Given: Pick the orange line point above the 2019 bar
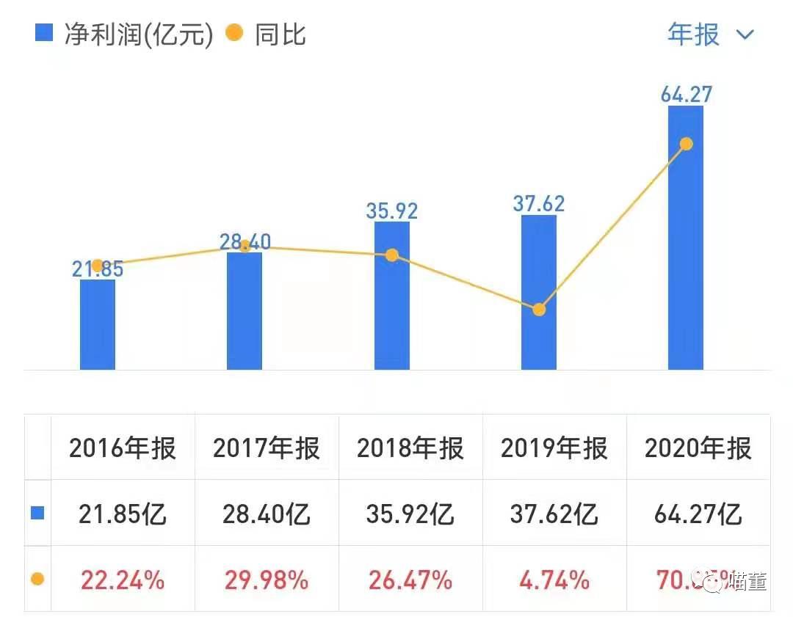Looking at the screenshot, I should (x=539, y=310).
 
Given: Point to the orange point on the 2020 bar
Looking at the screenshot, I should (x=686, y=144).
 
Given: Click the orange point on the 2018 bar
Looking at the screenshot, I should (x=392, y=255).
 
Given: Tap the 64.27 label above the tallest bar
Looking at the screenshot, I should (x=686, y=95).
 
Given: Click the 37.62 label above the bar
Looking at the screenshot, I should (x=539, y=203).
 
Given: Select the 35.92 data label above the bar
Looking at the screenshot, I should (x=392, y=211).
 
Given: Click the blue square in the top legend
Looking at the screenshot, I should (x=44, y=33).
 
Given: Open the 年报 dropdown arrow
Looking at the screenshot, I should (x=745, y=34).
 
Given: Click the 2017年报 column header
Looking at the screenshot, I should (x=267, y=448).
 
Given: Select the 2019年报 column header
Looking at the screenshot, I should (x=554, y=448).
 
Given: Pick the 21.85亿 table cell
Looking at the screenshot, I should (x=123, y=514).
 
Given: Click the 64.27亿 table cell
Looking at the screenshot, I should (x=698, y=514).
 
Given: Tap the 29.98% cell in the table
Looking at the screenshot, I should (x=267, y=581).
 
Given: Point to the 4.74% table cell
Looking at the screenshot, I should (x=554, y=581).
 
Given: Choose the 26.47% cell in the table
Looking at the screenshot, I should (x=410, y=581).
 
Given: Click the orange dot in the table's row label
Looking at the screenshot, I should (x=37, y=580).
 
